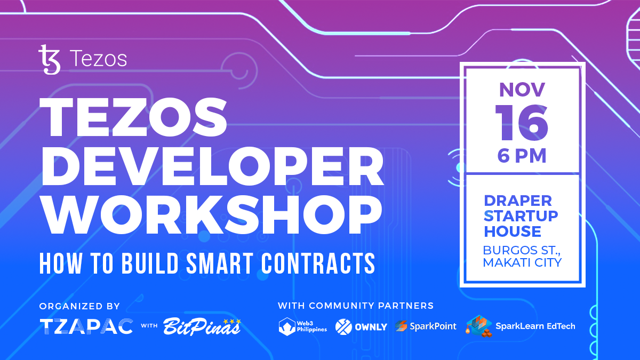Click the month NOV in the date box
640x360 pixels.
522,90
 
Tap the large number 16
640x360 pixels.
522,123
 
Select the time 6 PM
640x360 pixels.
522,156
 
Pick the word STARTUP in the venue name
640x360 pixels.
521,217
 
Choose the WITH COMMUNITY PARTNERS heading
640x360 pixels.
355,306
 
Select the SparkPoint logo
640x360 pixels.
426,326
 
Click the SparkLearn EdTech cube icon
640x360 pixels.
478,326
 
